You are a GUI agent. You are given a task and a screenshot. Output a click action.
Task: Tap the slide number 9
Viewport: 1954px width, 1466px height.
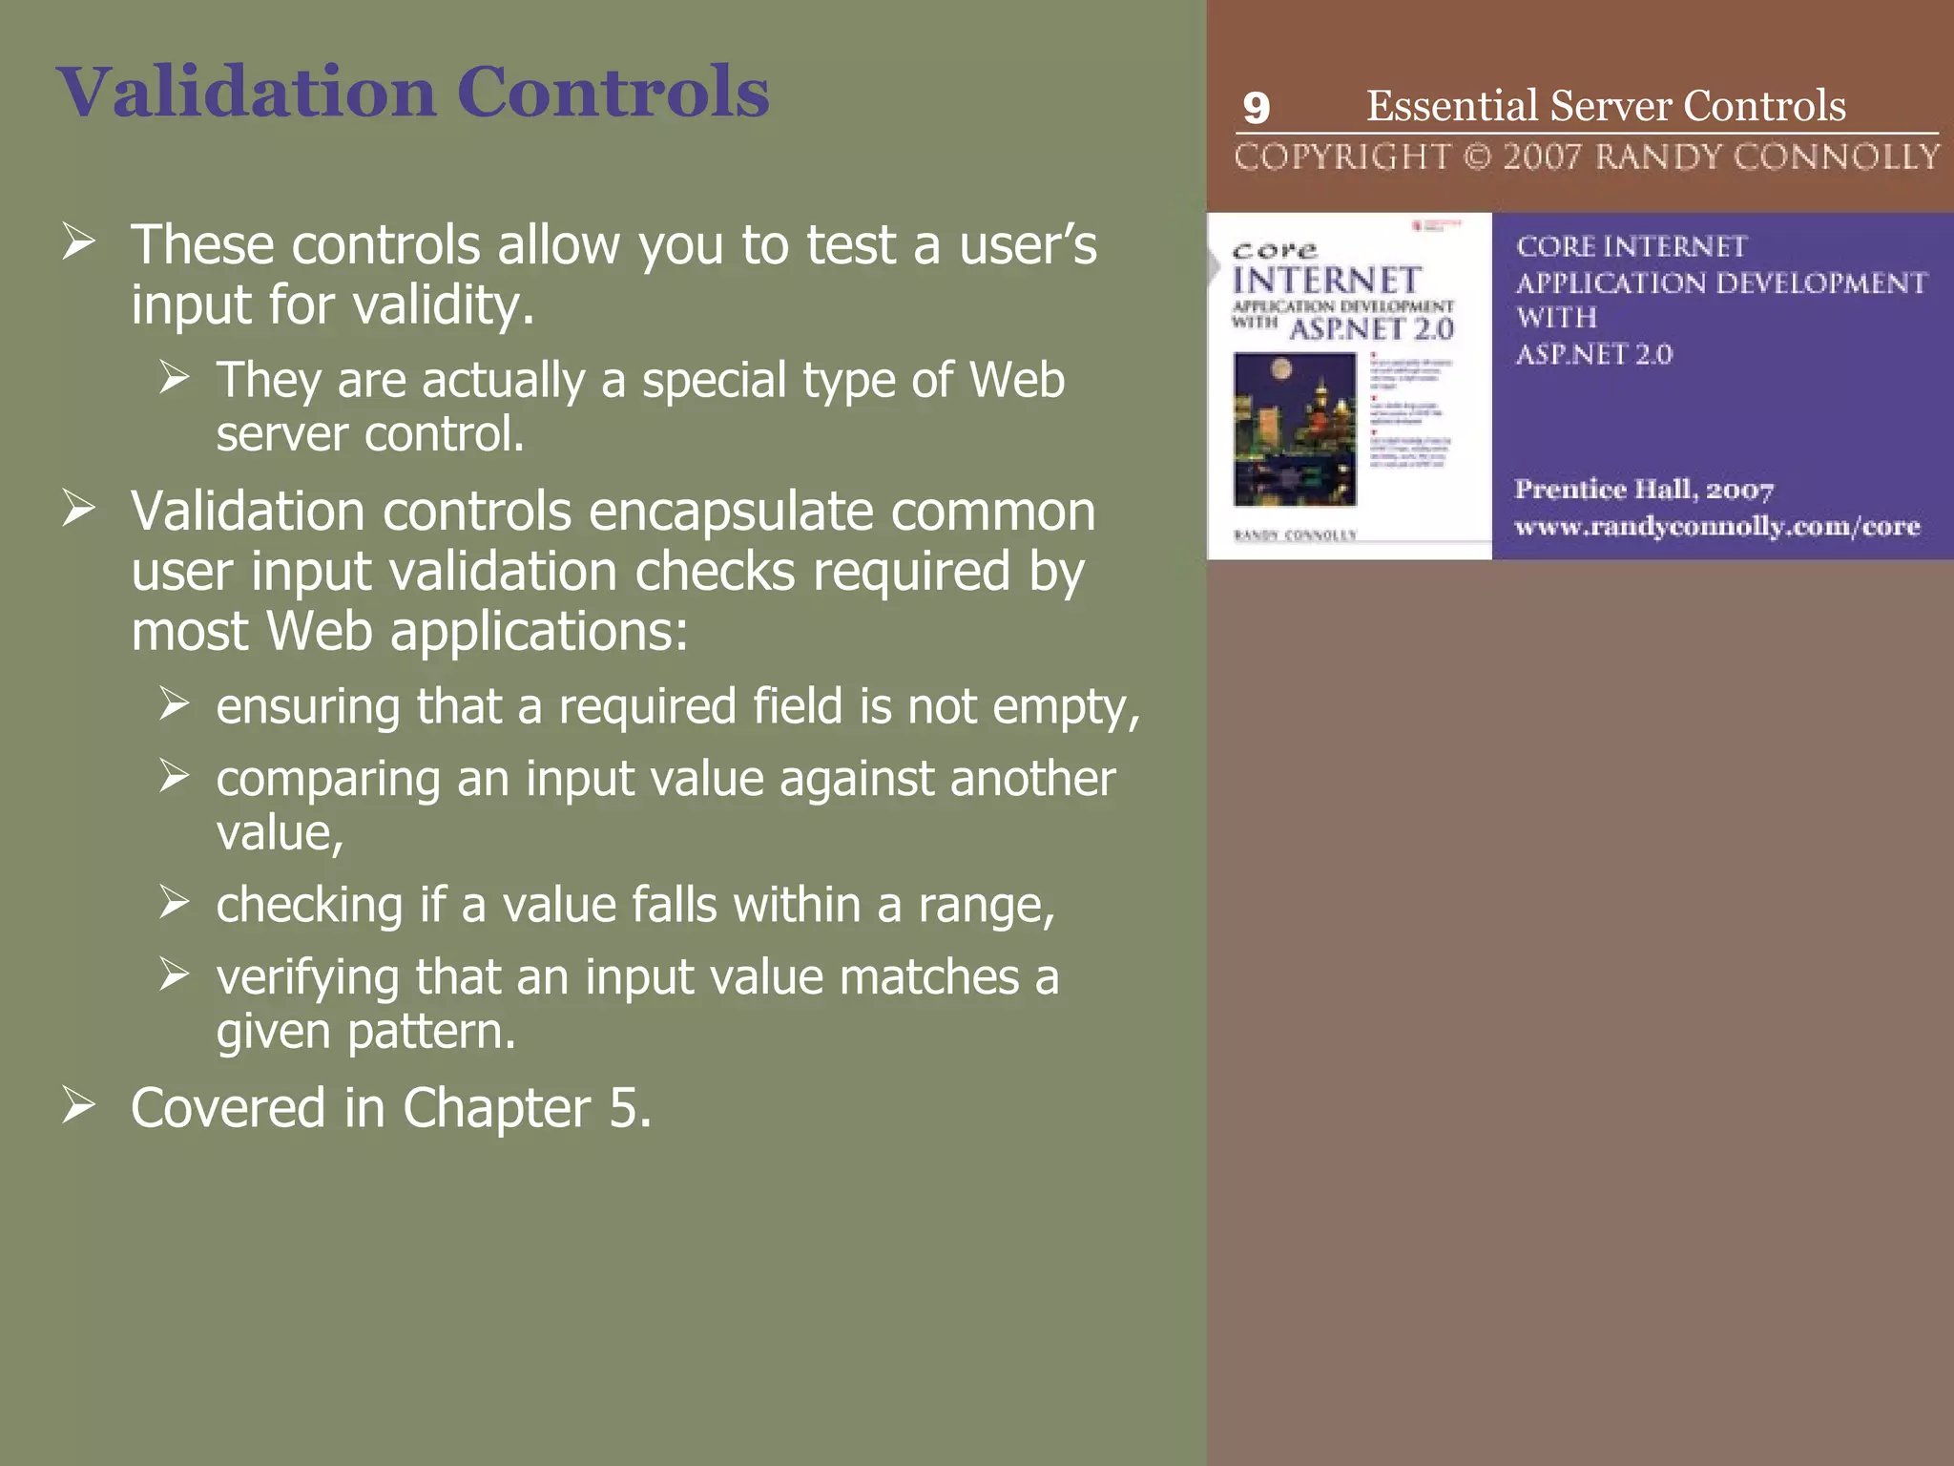[x=1257, y=108]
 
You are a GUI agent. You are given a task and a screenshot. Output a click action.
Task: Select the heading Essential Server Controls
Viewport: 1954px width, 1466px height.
[x=1606, y=106]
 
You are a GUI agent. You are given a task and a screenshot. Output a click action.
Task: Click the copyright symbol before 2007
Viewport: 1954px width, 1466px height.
[x=1477, y=157]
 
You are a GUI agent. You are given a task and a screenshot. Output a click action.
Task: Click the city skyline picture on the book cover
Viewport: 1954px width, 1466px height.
[x=1295, y=429]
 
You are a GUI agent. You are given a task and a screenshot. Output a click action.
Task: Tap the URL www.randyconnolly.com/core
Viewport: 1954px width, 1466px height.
[x=1716, y=526]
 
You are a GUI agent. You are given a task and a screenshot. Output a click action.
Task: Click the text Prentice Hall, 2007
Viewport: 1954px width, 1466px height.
[x=1644, y=490]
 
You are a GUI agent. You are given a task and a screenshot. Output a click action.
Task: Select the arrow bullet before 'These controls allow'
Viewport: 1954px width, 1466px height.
[x=79, y=241]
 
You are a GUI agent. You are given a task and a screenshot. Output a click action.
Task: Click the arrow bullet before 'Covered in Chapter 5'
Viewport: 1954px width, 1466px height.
[x=79, y=1105]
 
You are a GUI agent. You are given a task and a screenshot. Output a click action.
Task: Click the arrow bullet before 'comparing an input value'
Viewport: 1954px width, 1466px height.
[x=175, y=776]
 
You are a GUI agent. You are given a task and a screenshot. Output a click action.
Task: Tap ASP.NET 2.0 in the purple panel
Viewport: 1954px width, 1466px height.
[x=1593, y=354]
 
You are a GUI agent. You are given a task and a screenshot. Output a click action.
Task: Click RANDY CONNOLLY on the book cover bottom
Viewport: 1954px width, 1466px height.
[x=1295, y=535]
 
